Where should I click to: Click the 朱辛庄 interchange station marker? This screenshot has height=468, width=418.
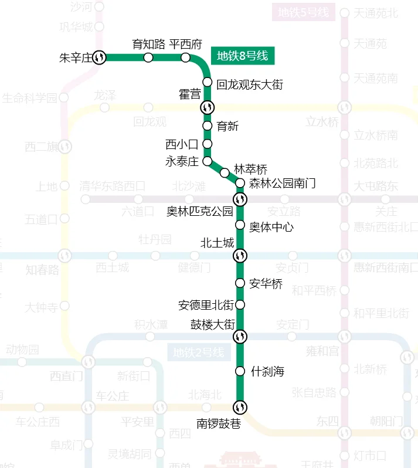pos(100,57)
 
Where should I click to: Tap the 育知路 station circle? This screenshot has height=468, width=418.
pos(148,57)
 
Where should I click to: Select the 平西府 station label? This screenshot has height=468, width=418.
pos(186,44)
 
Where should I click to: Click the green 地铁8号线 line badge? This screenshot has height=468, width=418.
pos(242,56)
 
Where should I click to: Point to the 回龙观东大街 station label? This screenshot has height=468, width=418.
pos(250,85)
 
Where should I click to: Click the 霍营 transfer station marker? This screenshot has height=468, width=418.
pos(207,107)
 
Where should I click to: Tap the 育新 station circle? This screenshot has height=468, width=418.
pos(207,126)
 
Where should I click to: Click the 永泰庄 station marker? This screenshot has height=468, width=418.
pos(207,161)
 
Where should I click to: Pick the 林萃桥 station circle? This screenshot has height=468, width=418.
pos(225,172)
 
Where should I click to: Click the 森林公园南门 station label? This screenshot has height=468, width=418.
pos(283,184)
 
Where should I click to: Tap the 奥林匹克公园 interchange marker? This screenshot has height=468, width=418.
pos(240,199)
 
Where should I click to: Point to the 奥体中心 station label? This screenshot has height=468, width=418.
pos(271,226)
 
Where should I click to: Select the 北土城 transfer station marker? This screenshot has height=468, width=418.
pos(240,256)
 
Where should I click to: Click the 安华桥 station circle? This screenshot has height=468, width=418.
pos(240,283)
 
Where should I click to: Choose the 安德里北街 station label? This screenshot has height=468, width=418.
pos(206,305)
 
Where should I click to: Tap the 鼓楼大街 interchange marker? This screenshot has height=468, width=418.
pos(240,337)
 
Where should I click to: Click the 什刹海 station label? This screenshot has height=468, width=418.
pos(267,371)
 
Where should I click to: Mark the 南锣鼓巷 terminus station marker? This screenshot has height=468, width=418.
pos(240,407)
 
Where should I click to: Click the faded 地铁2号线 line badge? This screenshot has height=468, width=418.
pos(199,353)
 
